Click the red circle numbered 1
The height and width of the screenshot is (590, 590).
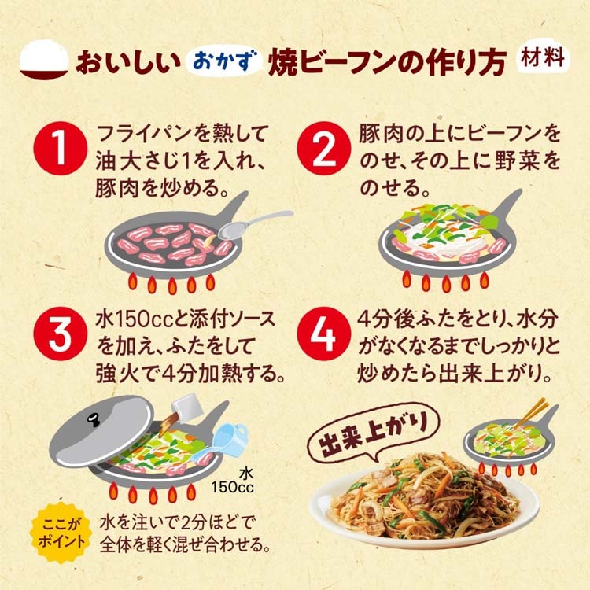[61, 149]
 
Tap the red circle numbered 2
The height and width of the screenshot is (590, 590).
[324, 149]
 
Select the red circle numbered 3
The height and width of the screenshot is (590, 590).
[61, 334]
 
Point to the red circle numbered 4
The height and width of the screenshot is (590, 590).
[324, 334]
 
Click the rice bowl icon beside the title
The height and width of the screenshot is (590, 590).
[44, 60]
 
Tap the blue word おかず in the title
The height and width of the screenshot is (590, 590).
[224, 61]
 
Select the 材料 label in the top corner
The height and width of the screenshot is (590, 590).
[543, 58]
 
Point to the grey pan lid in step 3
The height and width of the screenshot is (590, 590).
[101, 432]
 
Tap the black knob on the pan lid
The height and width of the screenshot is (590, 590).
[94, 419]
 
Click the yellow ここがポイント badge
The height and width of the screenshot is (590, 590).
[61, 533]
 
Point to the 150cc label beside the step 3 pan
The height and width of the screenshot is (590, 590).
[232, 487]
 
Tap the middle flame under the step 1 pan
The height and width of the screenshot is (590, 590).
[172, 286]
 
